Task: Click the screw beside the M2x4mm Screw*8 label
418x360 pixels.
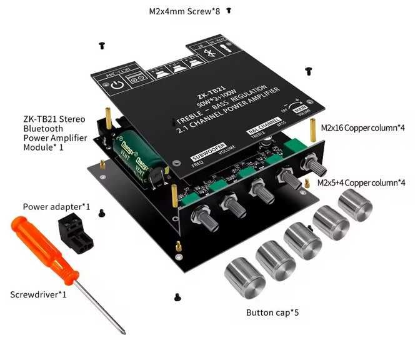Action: (x=229, y=11)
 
